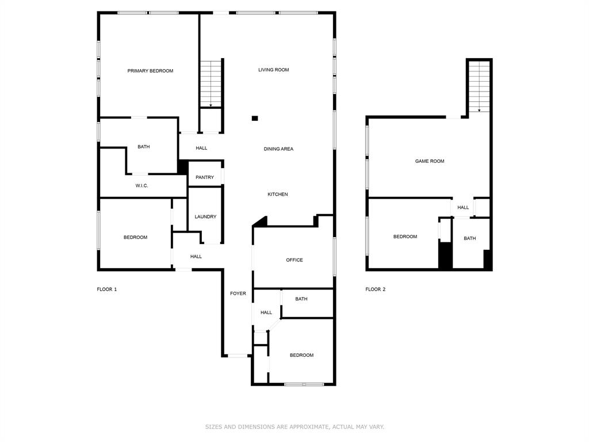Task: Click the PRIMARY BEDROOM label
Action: (x=150, y=71)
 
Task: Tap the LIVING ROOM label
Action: (x=273, y=70)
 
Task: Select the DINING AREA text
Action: (x=278, y=149)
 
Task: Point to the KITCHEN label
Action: (x=277, y=195)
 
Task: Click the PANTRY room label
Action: (x=205, y=177)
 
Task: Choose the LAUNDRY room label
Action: (x=205, y=217)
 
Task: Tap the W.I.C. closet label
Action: (x=141, y=186)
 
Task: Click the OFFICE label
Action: (x=294, y=260)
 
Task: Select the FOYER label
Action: (x=238, y=294)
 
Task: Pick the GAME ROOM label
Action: (x=430, y=161)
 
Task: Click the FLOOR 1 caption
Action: (x=106, y=289)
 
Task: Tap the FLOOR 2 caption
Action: (x=375, y=289)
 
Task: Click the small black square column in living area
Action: (x=255, y=119)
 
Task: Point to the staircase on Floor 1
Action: (x=211, y=83)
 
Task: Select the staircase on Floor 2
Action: (x=479, y=86)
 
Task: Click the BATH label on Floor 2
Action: (x=470, y=238)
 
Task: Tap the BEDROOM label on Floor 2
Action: (x=405, y=237)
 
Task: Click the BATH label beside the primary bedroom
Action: (x=143, y=147)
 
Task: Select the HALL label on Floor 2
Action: (x=463, y=208)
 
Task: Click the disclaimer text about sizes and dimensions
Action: (x=294, y=427)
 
